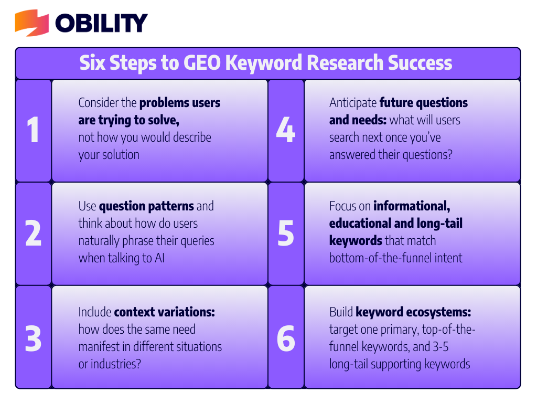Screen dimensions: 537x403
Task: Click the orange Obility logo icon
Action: (31, 23)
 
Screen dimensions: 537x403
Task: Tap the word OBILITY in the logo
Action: (101, 23)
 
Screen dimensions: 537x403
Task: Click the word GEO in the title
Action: (202, 63)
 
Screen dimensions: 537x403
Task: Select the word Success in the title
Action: (420, 63)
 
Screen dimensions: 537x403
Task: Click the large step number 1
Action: (33, 130)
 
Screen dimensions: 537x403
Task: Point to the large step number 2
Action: (33, 233)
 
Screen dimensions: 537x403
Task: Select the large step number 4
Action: (286, 130)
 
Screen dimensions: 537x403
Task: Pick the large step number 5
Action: (286, 234)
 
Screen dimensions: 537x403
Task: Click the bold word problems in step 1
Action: (164, 103)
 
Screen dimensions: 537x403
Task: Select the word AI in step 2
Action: (159, 258)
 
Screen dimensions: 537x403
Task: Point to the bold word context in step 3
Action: (135, 312)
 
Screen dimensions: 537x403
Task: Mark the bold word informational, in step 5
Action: (412, 206)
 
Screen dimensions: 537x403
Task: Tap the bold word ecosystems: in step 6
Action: (438, 312)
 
